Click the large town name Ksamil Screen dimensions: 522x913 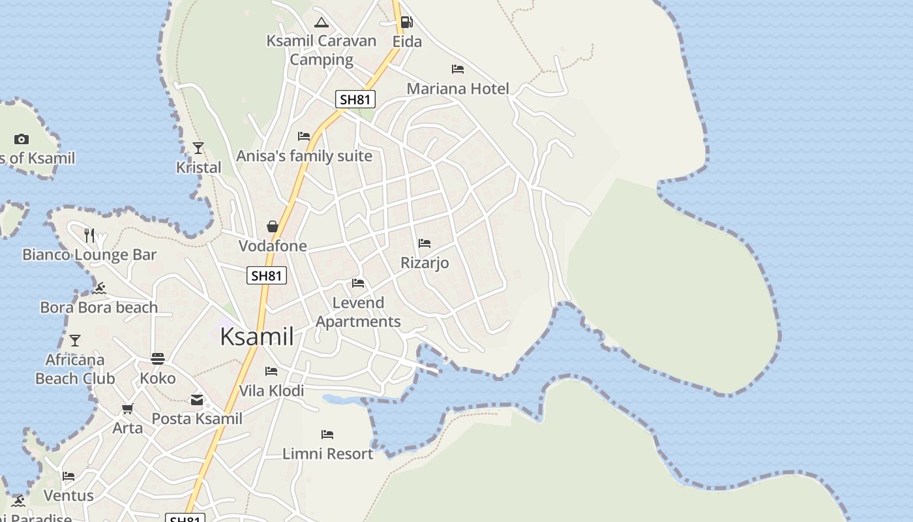[256, 337]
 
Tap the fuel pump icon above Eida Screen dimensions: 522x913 [406, 22]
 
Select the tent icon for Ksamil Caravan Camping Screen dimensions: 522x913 [321, 23]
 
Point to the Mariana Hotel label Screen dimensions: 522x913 [458, 89]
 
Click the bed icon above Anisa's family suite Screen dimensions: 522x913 [304, 136]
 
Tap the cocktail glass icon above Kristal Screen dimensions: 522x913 [198, 148]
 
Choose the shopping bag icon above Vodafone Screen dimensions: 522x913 [273, 226]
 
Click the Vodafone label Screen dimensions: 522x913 [273, 246]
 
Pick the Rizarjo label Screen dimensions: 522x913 [425, 263]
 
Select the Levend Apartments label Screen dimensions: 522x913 [358, 312]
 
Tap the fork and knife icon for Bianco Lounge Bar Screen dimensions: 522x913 [89, 235]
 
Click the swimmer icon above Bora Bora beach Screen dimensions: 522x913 [99, 288]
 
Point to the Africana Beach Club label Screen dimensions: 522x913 [75, 369]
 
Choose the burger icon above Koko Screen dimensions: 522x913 [158, 358]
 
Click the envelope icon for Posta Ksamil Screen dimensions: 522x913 [197, 400]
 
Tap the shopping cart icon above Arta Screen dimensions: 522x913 [128, 409]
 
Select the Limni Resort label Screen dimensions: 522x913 [327, 453]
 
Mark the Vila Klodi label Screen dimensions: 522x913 [271, 391]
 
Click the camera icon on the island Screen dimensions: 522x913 [22, 139]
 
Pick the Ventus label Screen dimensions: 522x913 [68, 496]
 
